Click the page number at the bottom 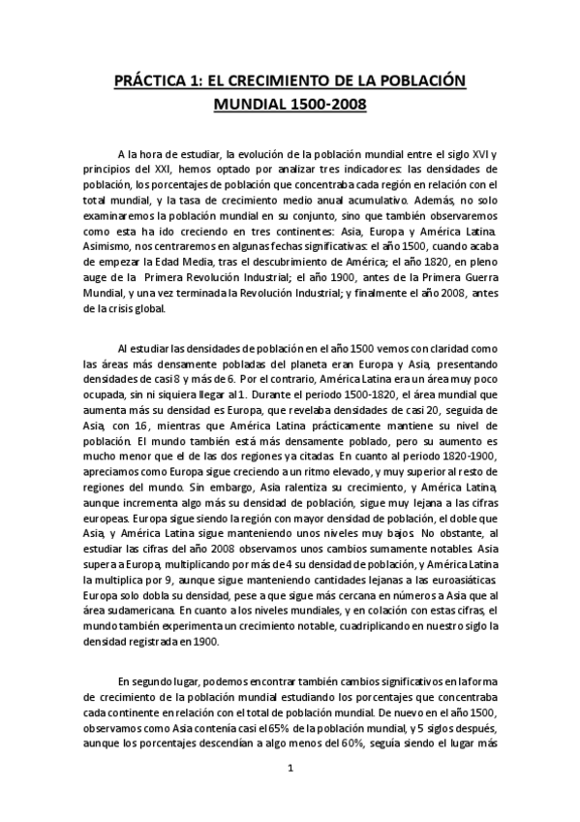coord(290,770)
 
